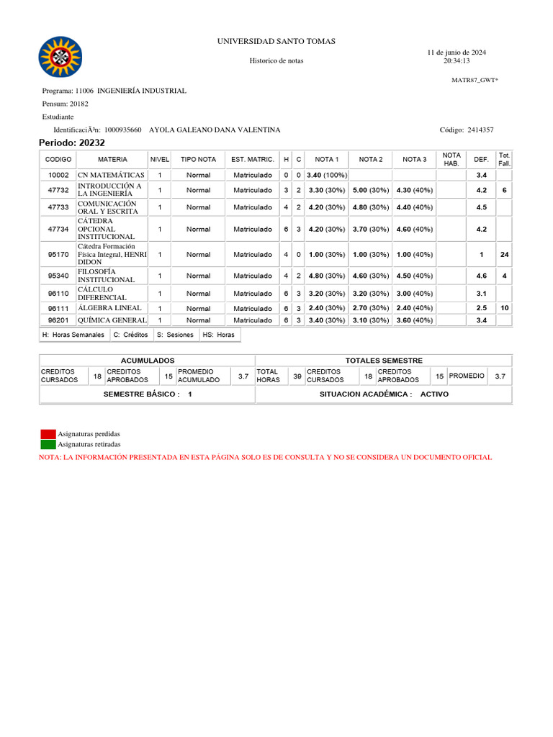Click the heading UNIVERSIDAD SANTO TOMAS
coord(276,42)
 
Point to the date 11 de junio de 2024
coord(457,53)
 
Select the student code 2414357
coord(480,130)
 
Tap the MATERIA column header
coord(112,159)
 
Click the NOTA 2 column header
coord(371,159)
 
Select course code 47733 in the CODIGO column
coord(58,207)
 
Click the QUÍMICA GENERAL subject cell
coord(112,320)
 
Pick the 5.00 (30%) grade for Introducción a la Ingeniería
coord(371,190)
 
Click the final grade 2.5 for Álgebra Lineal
coord(481,308)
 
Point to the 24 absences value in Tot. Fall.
coord(504,254)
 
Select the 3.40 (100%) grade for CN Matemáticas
coord(326,175)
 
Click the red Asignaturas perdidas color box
coord(48,434)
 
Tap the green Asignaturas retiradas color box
coord(48,444)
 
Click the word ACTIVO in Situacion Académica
coord(434,394)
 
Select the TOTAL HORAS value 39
coord(297,376)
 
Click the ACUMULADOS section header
coord(147,360)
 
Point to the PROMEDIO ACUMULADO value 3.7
coord(243,376)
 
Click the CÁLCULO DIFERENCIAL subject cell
coord(112,294)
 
